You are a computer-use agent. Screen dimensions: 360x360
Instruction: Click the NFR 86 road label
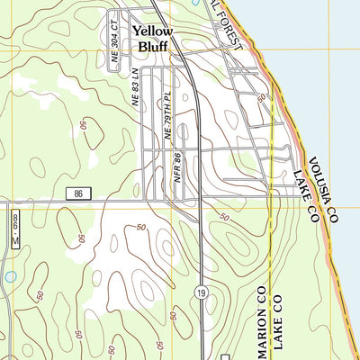tap(178, 168)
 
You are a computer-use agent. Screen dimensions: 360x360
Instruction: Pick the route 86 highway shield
tap(78, 193)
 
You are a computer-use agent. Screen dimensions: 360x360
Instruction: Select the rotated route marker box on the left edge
tap(15, 226)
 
